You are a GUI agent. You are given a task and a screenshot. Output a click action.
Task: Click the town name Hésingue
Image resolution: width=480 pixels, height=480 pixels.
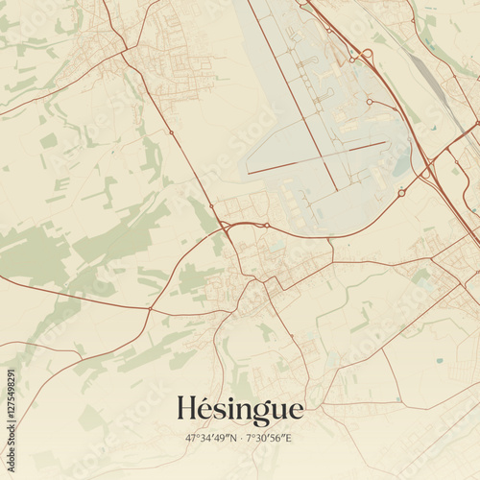coord(240,410)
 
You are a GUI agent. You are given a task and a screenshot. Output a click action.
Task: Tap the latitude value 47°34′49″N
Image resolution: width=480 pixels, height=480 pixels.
coord(212,438)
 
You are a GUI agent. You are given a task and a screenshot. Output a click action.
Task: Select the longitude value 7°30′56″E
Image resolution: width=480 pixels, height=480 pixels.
coord(270,438)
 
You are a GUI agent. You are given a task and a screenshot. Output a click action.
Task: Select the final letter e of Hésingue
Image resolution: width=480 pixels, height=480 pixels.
coord(296,412)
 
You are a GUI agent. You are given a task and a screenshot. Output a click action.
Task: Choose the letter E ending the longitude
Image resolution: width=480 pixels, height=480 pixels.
coord(290,438)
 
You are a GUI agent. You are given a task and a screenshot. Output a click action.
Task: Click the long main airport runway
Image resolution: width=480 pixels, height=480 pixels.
coord(298,96)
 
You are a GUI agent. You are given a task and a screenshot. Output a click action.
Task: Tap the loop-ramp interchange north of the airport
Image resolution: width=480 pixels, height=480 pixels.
coord(365,55)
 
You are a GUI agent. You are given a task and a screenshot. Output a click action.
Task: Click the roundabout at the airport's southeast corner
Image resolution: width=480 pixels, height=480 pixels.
coord(401,193)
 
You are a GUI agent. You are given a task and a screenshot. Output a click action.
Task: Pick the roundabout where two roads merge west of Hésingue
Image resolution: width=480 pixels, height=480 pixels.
coord(227,227)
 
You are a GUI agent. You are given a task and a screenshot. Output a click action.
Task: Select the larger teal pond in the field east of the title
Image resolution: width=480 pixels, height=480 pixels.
coord(439,361)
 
